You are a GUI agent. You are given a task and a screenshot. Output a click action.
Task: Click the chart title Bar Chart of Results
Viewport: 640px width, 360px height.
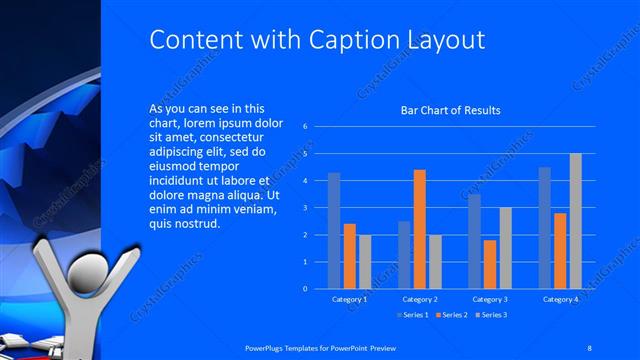tap(450, 110)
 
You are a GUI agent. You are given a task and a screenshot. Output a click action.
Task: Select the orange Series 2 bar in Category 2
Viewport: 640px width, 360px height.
tap(419, 229)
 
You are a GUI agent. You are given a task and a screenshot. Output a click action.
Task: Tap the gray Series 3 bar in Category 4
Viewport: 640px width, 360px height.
tap(575, 221)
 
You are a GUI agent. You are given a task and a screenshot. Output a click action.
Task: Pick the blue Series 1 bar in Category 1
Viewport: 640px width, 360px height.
tap(334, 230)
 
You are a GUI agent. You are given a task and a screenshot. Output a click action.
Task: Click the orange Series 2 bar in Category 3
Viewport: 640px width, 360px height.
tap(489, 264)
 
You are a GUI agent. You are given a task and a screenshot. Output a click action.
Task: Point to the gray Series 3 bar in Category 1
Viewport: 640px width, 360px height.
tap(365, 261)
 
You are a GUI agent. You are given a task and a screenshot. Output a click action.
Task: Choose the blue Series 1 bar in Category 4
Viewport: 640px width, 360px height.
tap(545, 227)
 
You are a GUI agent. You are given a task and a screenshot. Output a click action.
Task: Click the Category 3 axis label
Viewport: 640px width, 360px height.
tap(490, 299)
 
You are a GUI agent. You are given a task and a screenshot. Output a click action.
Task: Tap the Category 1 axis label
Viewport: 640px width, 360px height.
tap(349, 299)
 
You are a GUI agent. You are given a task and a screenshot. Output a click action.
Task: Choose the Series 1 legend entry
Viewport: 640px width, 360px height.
tap(412, 316)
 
